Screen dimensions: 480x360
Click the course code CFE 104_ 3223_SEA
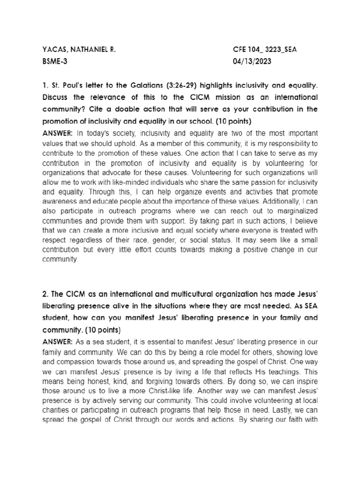click(266, 49)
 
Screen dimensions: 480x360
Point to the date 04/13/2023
click(252, 61)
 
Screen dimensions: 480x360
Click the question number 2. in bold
click(45, 294)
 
